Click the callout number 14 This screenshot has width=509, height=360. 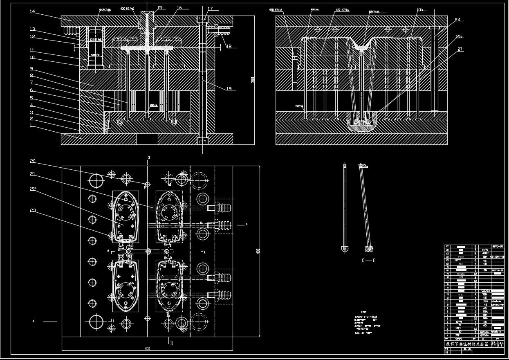32,11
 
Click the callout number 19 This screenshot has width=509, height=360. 229,88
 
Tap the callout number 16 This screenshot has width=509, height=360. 179,8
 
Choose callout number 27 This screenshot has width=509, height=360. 460,49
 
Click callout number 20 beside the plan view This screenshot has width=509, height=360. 32,161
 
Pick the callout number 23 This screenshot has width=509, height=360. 32,210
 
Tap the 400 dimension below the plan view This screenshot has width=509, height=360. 148,349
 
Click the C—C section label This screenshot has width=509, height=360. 368,260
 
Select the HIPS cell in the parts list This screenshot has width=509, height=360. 485,249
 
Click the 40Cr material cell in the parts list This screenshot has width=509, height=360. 485,253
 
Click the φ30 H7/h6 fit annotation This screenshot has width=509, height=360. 127,8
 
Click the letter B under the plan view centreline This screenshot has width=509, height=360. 171,344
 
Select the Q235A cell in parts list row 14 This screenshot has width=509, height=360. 485,290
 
